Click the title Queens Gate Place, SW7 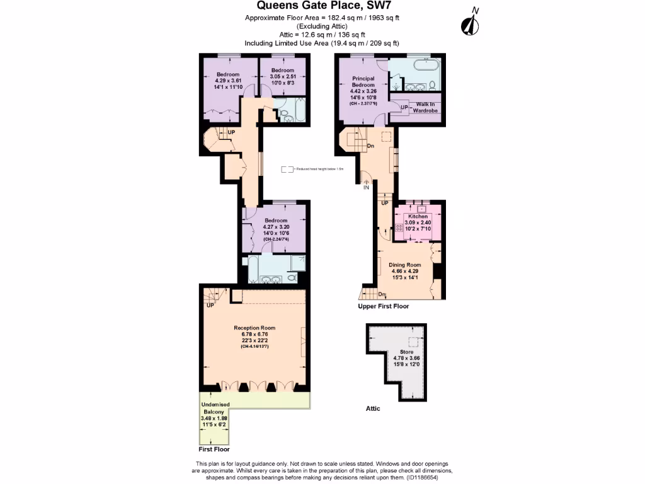click(322, 6)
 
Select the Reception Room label click(254, 328)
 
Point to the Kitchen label click(418, 216)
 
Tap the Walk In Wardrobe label click(425, 107)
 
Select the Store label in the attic click(406, 352)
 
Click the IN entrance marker click(366, 187)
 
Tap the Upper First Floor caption click(383, 306)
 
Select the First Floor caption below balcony click(214, 449)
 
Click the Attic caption click(373, 408)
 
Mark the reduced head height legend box click(287, 169)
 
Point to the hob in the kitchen click(399, 229)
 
